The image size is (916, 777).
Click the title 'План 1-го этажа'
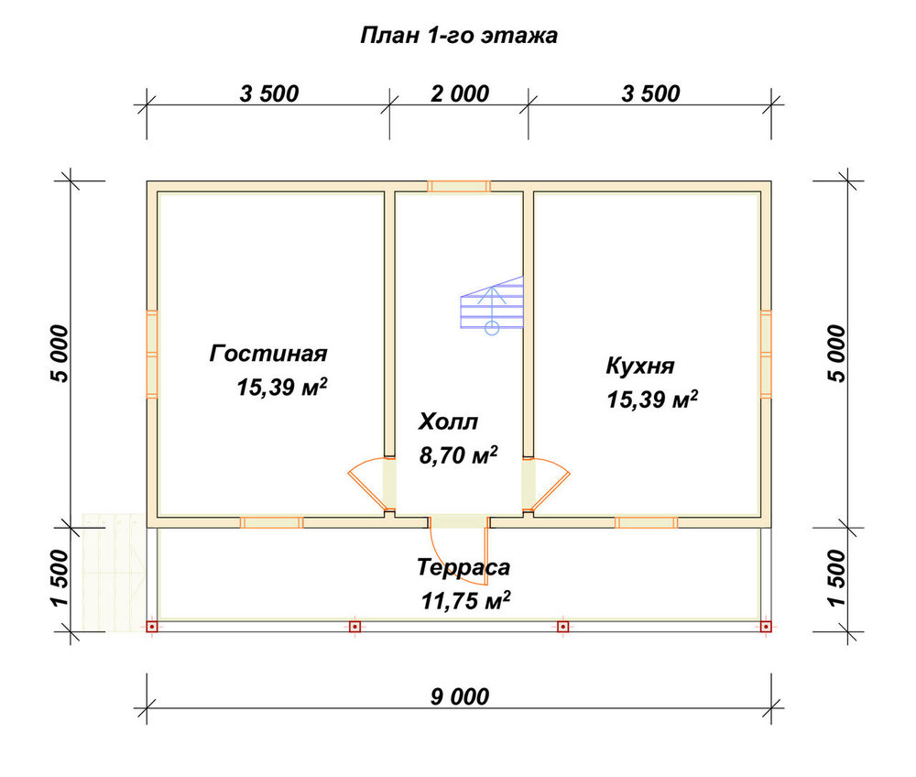click(x=459, y=36)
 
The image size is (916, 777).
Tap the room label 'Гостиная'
click(x=268, y=354)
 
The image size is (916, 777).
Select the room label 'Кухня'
click(x=640, y=367)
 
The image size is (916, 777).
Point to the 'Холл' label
click(x=448, y=421)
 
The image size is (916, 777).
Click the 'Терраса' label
click(x=463, y=567)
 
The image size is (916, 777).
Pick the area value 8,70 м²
click(x=459, y=455)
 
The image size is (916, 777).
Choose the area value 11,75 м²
click(x=465, y=600)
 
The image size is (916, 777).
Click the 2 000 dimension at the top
click(x=460, y=93)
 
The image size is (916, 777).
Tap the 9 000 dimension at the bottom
click(x=460, y=696)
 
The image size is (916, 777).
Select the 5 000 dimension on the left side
click(x=60, y=354)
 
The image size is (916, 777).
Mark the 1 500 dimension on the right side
click(x=836, y=577)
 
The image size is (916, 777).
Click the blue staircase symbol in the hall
click(x=491, y=304)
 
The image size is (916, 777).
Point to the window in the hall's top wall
click(x=459, y=186)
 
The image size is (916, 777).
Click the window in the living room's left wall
click(x=152, y=354)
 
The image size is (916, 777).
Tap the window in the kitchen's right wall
click(x=765, y=354)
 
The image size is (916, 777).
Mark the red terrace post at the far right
click(x=765, y=627)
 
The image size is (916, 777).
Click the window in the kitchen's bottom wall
click(x=646, y=522)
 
